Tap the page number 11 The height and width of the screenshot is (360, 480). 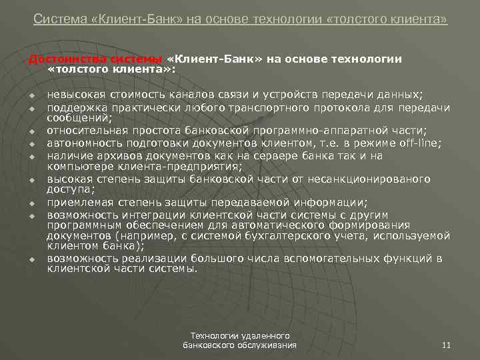point(447,345)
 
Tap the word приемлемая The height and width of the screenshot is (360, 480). point(77,202)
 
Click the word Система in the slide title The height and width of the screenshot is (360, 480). point(55,19)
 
